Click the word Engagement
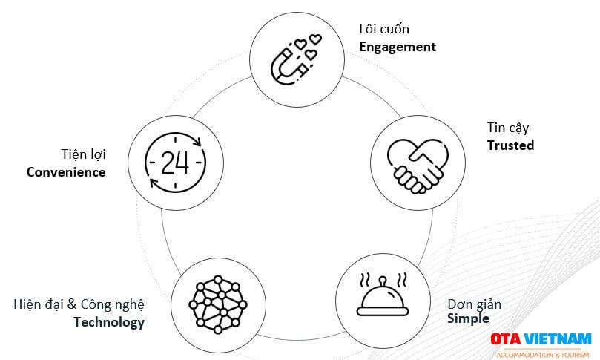[398, 47]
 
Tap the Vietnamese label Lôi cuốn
[384, 29]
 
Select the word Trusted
[510, 145]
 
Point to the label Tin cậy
[508, 128]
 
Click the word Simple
[468, 318]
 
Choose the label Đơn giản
[474, 304]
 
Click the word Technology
[109, 322]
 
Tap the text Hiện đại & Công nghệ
[79, 304]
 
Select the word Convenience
[66, 172]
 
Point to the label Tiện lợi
[83, 154]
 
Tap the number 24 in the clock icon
[175, 163]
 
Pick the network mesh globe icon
[218, 304]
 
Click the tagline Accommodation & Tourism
[543, 355]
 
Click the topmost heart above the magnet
[315, 39]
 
